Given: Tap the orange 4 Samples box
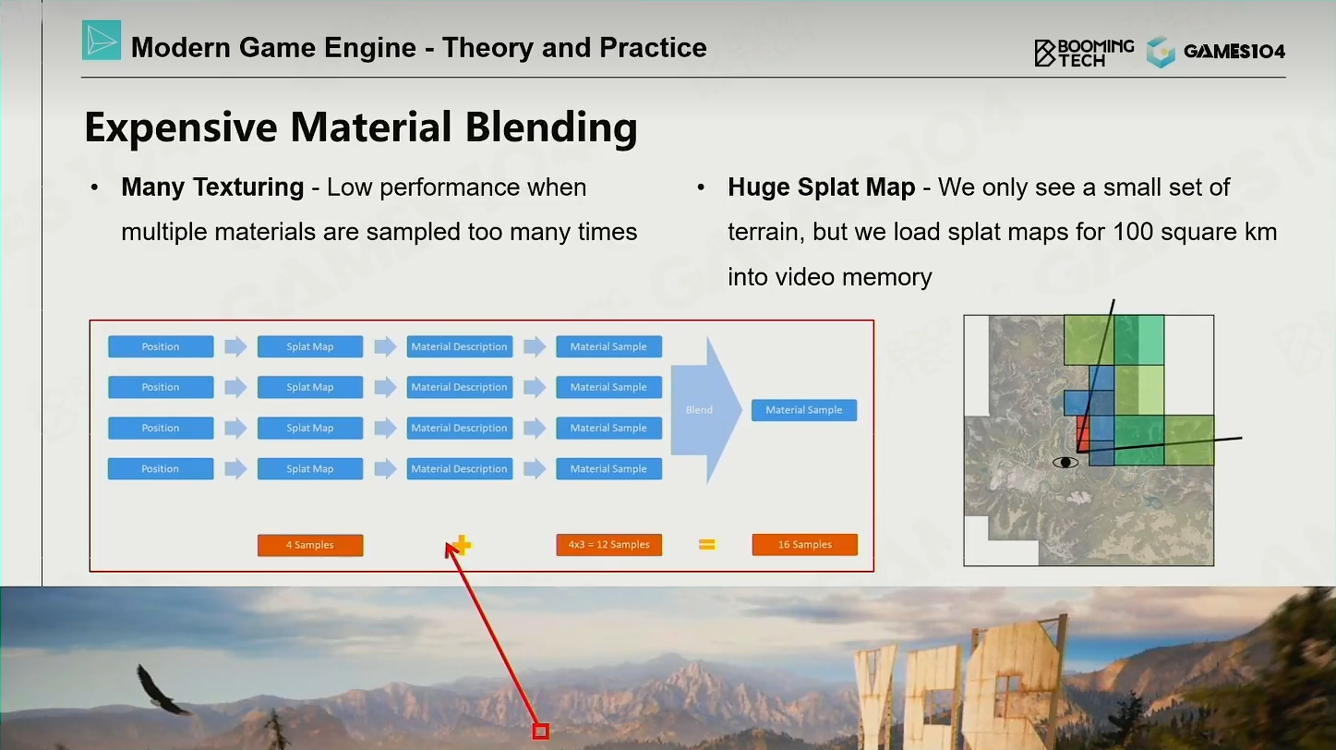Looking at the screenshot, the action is pyautogui.click(x=310, y=545).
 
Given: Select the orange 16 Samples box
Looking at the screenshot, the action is pyautogui.click(x=804, y=544).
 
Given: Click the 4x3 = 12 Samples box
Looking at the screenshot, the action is pyautogui.click(x=609, y=544).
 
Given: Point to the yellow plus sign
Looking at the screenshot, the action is pyautogui.click(x=462, y=544).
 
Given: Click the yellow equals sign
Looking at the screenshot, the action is pyautogui.click(x=706, y=544).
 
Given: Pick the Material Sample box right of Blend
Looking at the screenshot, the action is pyautogui.click(x=804, y=410).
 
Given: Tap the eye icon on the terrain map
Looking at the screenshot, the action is pyautogui.click(x=1065, y=463).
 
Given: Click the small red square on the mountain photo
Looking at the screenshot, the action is pyautogui.click(x=541, y=731).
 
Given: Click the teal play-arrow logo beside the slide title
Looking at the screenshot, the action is pyautogui.click(x=102, y=41).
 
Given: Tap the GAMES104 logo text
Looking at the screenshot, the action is pyautogui.click(x=1234, y=52).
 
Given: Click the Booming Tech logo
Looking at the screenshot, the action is pyautogui.click(x=1084, y=53).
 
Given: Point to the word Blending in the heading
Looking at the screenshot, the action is pyautogui.click(x=551, y=127).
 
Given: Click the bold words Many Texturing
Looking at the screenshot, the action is pyautogui.click(x=212, y=187).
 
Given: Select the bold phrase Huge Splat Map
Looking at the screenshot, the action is pyautogui.click(x=822, y=187).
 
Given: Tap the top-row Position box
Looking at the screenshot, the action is pyautogui.click(x=161, y=346).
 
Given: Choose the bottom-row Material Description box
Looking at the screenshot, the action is pyautogui.click(x=459, y=469).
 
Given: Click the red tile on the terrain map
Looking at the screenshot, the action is pyautogui.click(x=1082, y=433).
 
